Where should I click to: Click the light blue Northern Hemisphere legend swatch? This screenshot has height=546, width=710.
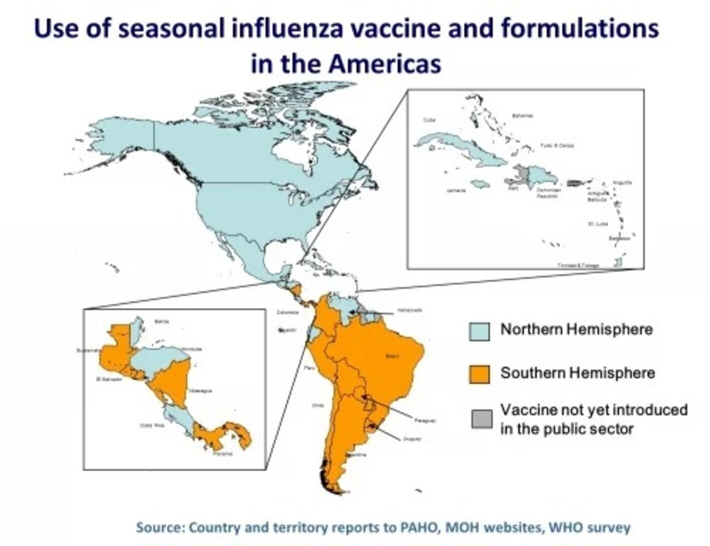click(479, 331)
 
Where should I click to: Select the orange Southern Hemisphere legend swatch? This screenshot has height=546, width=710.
click(479, 374)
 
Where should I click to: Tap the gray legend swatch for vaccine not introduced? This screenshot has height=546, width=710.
click(481, 419)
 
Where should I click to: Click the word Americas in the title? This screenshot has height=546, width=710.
click(384, 64)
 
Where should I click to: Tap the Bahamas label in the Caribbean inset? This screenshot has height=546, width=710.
click(522, 116)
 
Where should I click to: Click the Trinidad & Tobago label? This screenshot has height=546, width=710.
click(578, 265)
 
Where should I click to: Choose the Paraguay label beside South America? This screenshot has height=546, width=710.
click(425, 421)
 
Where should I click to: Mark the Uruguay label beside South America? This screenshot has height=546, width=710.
click(412, 439)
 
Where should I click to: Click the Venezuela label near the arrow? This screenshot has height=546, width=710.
click(409, 310)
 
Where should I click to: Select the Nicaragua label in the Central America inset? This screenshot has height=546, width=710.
click(201, 391)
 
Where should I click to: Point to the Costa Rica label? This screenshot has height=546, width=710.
click(151, 425)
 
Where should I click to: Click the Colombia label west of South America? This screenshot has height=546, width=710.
click(287, 312)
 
